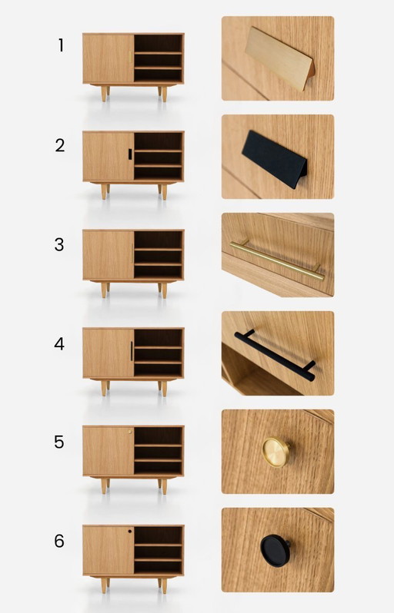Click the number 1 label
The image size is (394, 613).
coord(61,45)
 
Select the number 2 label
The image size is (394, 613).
coord(60,145)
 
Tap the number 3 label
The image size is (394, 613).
coord(60,245)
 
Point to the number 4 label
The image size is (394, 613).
coord(60,343)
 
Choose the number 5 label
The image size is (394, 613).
coord(60,442)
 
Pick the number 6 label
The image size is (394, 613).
coord(60,541)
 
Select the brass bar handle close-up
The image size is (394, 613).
coord(276,259)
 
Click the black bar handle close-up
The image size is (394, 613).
coord(275,355)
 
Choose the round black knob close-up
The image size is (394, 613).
coord(274,549)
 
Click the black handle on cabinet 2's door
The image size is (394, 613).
coord(129,154)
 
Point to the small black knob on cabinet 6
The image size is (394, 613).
coord(130,531)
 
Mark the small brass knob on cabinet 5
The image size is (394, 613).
coord(130,432)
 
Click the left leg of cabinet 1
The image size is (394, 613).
coord(104,93)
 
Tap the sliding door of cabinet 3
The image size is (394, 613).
coord(108,254)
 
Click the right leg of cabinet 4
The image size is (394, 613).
coord(162,387)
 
